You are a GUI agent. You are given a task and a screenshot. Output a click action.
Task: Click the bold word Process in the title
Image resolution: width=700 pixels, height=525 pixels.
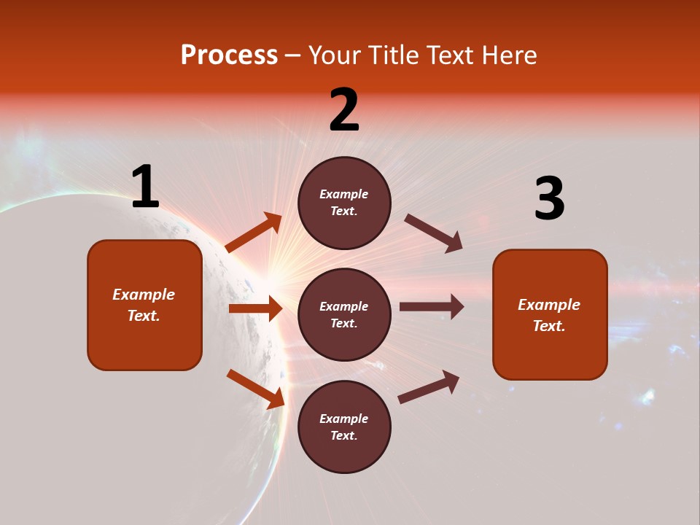pyautogui.click(x=229, y=55)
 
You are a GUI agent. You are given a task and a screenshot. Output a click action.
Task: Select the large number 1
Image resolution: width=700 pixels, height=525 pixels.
pyautogui.click(x=145, y=187)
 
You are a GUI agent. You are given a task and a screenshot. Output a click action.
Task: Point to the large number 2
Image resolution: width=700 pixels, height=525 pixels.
pyautogui.click(x=344, y=111)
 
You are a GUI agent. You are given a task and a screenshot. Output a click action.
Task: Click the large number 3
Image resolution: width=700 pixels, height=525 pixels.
pyautogui.click(x=549, y=199)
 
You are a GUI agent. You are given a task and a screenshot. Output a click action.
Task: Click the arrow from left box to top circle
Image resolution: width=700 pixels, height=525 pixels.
pyautogui.click(x=254, y=233)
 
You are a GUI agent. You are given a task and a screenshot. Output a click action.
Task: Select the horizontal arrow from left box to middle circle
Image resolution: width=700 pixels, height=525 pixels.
pyautogui.click(x=255, y=308)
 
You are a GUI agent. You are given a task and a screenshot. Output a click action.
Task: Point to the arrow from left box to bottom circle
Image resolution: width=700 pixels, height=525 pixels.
pyautogui.click(x=255, y=388)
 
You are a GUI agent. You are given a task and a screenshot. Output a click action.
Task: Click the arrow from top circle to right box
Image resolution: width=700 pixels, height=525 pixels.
pyautogui.click(x=433, y=233)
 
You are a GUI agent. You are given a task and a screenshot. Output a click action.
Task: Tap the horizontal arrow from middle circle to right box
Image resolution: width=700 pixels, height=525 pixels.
pyautogui.click(x=432, y=307)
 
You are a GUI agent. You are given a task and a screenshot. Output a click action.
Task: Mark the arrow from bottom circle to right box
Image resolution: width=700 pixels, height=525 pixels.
pyautogui.click(x=429, y=386)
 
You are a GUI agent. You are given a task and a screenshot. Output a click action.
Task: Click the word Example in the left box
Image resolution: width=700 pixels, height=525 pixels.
pyautogui.click(x=144, y=295)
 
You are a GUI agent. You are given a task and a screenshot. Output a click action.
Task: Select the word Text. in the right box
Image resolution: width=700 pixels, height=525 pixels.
pyautogui.click(x=549, y=326)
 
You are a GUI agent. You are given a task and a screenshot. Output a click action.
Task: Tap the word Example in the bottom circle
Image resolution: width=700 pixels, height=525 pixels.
pyautogui.click(x=344, y=419)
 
